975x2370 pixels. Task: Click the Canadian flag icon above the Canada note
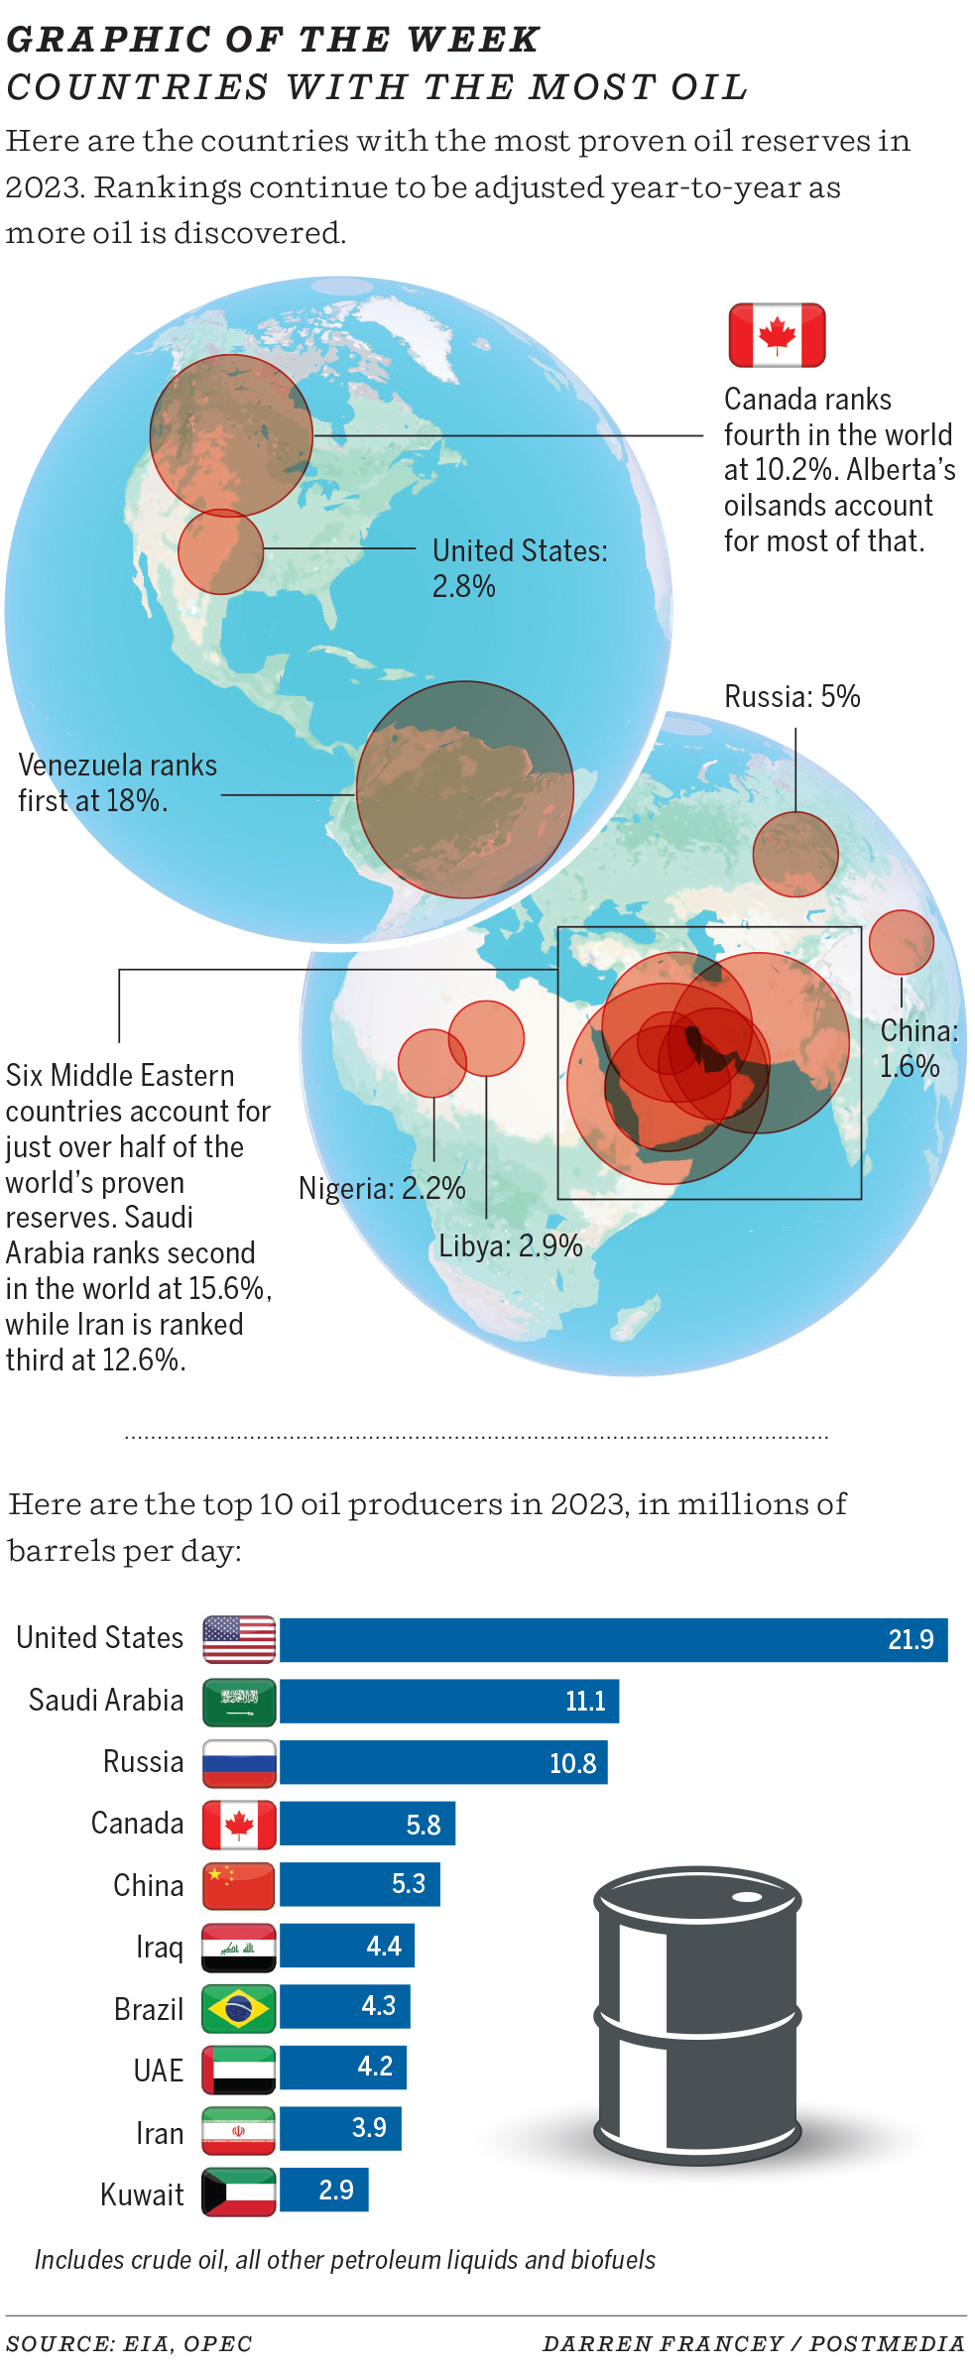777,335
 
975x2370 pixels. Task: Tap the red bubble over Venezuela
464,789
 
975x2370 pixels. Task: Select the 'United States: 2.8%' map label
519,568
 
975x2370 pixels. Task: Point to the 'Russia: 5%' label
792,696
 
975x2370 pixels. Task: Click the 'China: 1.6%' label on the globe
917,1048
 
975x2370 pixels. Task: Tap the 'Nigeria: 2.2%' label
382,1188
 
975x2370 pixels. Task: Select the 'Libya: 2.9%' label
511,1245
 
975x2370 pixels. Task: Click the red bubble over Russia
795,854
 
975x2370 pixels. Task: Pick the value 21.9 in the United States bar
910,1639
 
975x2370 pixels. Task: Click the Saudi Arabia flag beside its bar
239,1702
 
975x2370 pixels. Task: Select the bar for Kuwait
323,2190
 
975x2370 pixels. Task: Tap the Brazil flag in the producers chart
239,2009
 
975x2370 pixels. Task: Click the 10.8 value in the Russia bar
572,1763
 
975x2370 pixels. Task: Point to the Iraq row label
160,1948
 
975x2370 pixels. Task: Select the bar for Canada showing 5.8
367,1825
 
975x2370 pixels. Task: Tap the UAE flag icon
239,2071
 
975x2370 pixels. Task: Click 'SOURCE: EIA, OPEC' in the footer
129,2344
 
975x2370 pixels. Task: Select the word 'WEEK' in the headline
473,40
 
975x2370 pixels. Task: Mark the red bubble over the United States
220,551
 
